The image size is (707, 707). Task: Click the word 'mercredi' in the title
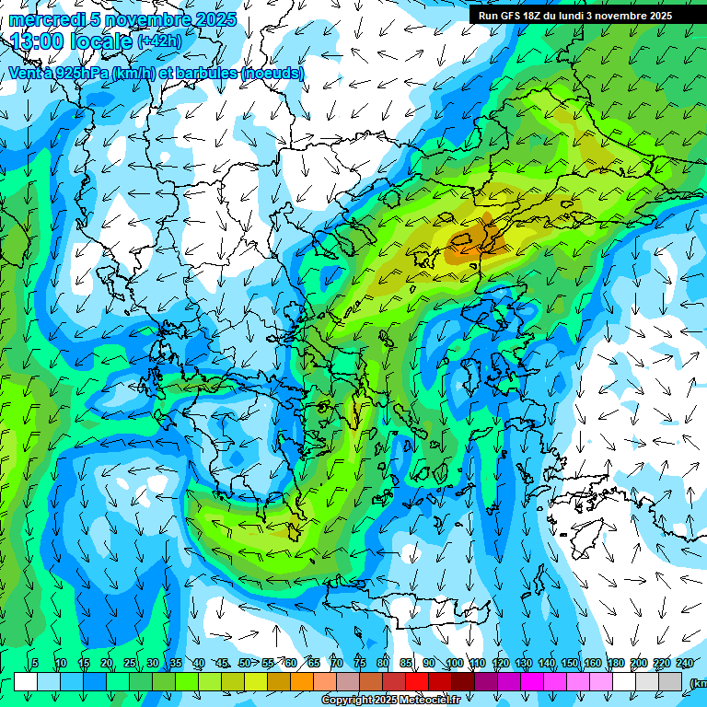[41, 19]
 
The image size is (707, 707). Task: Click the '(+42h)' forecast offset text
[159, 41]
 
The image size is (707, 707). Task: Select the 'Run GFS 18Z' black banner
[574, 16]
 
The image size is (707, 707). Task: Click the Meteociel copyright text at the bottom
[390, 701]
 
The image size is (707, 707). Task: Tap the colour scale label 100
[454, 663]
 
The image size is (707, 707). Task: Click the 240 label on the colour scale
[685, 663]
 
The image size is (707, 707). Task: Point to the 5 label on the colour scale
[35, 663]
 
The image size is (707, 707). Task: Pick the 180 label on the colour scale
[615, 663]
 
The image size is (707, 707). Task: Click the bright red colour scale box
[417, 681]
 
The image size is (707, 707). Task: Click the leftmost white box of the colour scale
[26, 681]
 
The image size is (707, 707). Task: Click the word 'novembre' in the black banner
[621, 16]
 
